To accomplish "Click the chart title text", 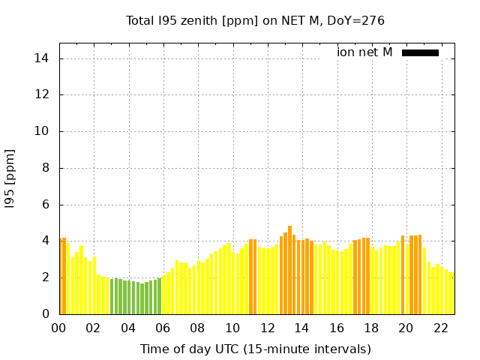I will coord(255,20).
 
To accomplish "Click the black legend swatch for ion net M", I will coord(420,52).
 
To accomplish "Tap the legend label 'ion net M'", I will coord(364,52).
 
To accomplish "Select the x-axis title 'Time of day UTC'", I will coord(256,349).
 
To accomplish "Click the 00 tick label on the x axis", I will coord(58,328).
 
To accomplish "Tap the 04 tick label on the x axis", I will coord(128,328).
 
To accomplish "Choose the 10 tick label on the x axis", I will coord(232,328).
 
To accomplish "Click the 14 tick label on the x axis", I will coord(302,328).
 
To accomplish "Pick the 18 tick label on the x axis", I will coord(371,328).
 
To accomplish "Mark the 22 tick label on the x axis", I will coord(441,328).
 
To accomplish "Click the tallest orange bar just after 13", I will coord(289,270).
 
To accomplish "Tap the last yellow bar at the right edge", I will coord(452,293).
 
